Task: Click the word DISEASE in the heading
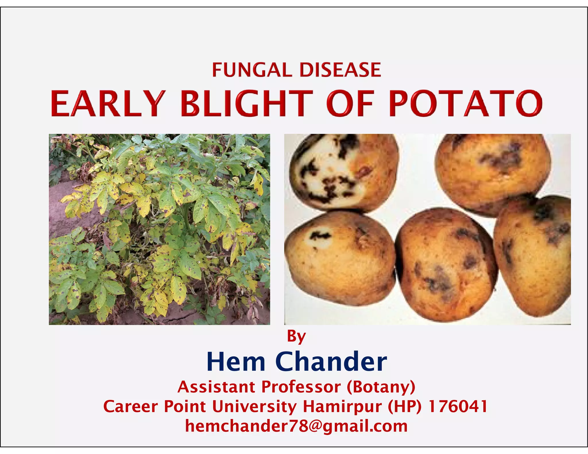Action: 340,70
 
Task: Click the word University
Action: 254,407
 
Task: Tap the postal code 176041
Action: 458,407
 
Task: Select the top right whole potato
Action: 492,172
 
